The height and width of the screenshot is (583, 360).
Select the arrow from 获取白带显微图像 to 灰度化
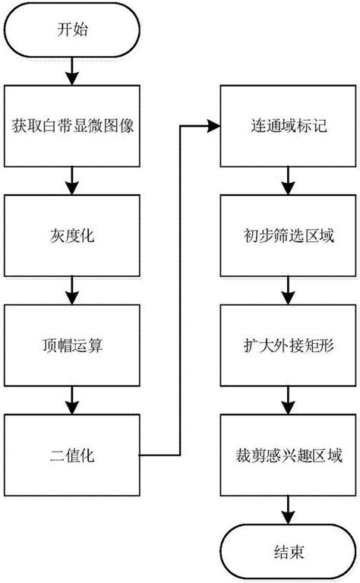click(x=73, y=180)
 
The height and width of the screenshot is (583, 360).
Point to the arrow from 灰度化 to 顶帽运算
click(x=73, y=291)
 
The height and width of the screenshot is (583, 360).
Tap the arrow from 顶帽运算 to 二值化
click(x=73, y=401)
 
